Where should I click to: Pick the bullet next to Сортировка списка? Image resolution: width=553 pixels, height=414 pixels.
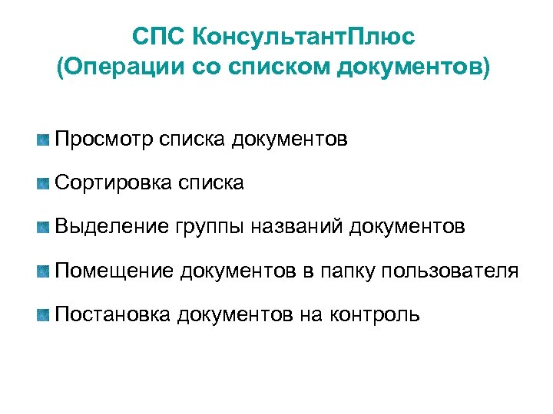pos(43,183)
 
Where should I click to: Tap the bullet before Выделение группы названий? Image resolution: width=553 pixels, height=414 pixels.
pos(43,227)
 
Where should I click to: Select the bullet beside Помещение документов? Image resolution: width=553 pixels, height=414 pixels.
pos(43,271)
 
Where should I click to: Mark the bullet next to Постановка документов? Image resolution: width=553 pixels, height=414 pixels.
pos(43,314)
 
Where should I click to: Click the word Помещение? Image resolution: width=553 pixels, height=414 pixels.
pos(115,271)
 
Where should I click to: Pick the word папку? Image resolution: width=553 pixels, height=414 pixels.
pos(346,272)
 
